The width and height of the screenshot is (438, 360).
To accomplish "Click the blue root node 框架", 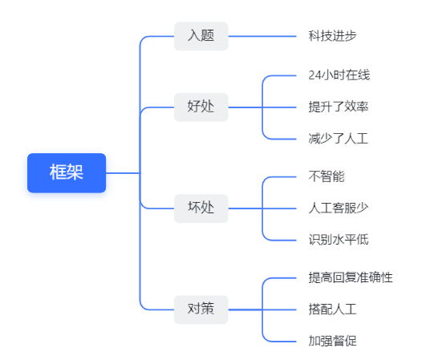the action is [x=67, y=173].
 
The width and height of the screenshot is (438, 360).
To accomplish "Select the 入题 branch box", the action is [x=201, y=36].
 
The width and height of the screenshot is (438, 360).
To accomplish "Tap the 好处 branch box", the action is [x=201, y=107].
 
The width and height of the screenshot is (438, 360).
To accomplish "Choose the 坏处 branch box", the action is [x=201, y=208].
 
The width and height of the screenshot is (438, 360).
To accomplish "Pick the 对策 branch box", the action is [x=201, y=309].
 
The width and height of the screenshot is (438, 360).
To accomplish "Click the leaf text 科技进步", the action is [x=332, y=36].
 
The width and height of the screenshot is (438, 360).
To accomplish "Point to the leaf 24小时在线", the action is [x=339, y=75].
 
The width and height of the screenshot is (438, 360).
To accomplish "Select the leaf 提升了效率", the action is [x=339, y=107].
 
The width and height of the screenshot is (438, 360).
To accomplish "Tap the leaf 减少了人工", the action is [x=339, y=139].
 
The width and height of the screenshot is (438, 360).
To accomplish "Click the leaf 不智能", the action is [x=326, y=176].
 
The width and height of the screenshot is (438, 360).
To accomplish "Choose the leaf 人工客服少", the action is [x=339, y=208].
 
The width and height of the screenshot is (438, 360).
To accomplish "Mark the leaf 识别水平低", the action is [x=339, y=240].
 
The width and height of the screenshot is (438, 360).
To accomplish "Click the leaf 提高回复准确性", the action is [x=351, y=277].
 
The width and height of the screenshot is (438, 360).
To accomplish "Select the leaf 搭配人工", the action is [x=332, y=309].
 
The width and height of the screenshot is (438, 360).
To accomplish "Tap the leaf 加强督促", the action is [x=332, y=341].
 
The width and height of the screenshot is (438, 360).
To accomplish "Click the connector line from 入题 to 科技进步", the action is [x=262, y=36].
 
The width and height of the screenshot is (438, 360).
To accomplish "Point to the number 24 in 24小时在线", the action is [x=314, y=75].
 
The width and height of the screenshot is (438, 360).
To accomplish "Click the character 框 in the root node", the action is [x=58, y=172].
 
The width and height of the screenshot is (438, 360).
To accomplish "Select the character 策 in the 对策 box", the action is [x=208, y=309].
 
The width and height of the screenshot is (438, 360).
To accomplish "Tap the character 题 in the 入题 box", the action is [x=208, y=36].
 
